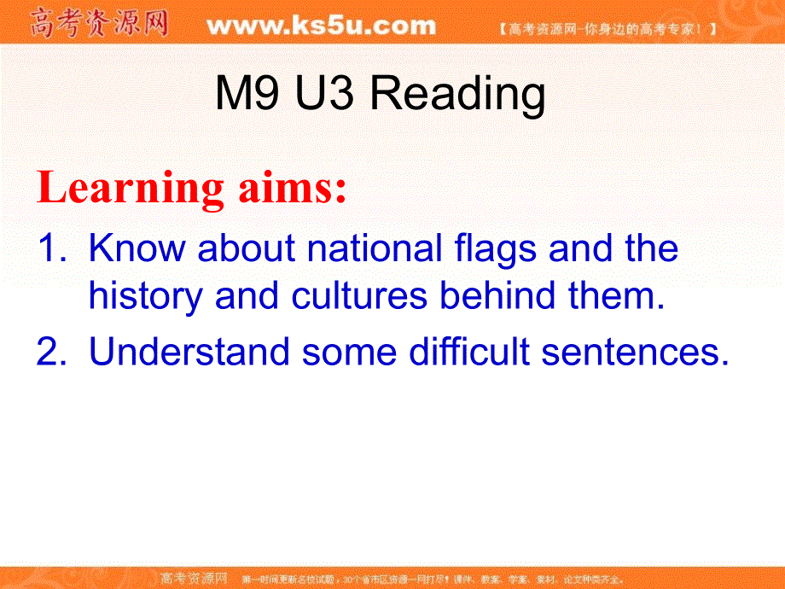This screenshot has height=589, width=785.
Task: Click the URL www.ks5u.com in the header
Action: coord(321,26)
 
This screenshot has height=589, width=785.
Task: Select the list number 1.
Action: coord(49,249)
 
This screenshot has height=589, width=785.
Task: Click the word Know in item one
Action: coord(136,249)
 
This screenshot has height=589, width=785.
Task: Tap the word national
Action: coord(374,249)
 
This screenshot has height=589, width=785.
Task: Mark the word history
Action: coord(145,296)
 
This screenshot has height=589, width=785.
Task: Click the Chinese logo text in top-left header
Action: coord(98,24)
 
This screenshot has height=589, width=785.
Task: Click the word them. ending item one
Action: coord(617,295)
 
